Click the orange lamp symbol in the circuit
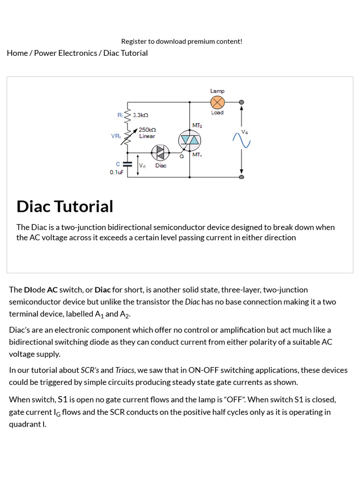click(217, 102)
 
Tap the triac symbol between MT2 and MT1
click(189, 139)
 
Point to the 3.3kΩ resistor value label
click(141, 115)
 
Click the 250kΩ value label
click(147, 129)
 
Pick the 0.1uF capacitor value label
click(117, 172)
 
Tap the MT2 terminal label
click(197, 125)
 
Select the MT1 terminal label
click(197, 154)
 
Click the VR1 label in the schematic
click(116, 136)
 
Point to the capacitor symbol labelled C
click(127, 164)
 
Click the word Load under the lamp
click(217, 112)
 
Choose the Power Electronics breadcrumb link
click(65, 53)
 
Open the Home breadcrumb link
click(17, 53)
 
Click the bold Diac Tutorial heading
click(65, 206)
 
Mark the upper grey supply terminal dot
click(241, 102)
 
